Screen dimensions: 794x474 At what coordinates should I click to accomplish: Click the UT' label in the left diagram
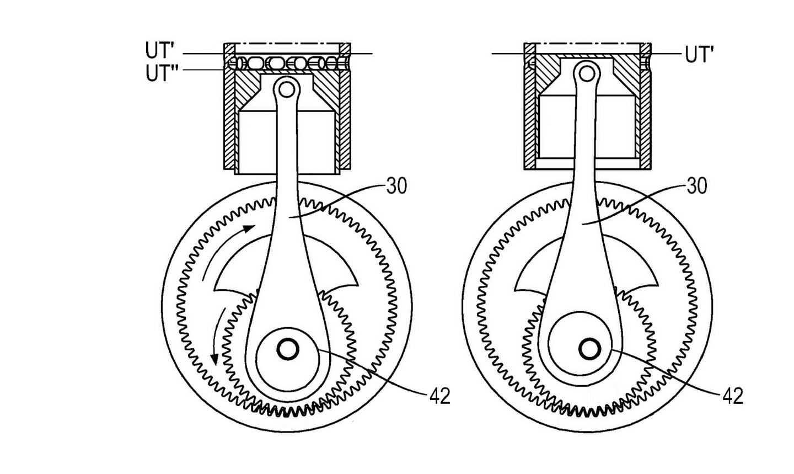pos(160,50)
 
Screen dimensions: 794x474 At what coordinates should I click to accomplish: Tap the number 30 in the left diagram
pos(396,186)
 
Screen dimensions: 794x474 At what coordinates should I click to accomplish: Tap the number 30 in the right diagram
pos(697,186)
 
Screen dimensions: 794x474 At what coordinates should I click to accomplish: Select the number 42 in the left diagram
pos(440,396)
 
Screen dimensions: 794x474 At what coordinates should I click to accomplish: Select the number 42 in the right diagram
pos(733,396)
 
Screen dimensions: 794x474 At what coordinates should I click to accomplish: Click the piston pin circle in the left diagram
pos(286,89)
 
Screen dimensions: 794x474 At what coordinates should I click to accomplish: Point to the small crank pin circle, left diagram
pos(288,350)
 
